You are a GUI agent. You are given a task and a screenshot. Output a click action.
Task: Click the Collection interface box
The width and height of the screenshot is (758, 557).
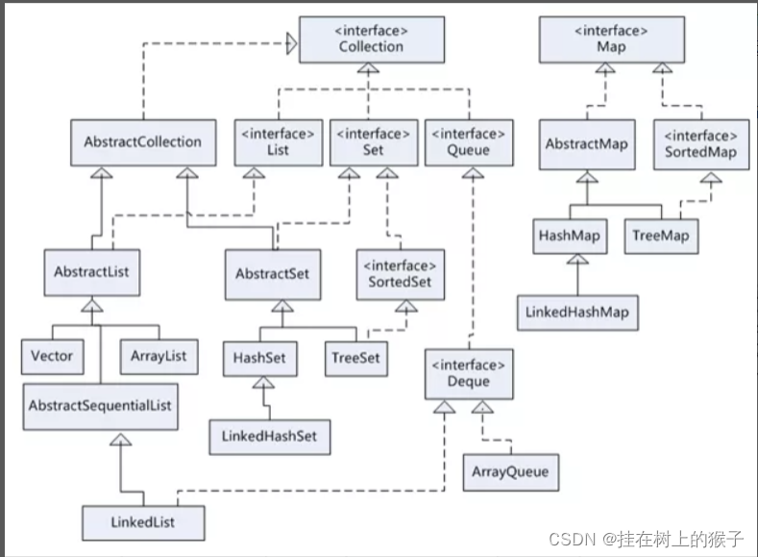pos(371,39)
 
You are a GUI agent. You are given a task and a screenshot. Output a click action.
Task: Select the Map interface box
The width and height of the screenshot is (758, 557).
pos(611,39)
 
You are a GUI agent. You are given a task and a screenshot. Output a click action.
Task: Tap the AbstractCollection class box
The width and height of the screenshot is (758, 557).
pos(142,142)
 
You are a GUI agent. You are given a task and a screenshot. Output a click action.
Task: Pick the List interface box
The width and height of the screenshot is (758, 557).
pos(278,142)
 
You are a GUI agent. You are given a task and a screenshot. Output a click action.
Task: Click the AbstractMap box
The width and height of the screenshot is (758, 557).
pos(586,144)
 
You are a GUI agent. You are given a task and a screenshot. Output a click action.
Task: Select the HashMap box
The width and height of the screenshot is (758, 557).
pos(571,236)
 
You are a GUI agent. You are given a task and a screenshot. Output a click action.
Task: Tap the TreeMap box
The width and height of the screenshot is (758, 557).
pos(661,236)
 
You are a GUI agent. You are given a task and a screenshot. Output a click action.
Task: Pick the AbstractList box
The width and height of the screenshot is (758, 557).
pos(91,272)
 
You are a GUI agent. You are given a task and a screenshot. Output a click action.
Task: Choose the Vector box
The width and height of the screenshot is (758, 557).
pos(52,356)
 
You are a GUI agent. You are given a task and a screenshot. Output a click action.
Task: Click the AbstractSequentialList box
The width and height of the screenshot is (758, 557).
pos(100,405)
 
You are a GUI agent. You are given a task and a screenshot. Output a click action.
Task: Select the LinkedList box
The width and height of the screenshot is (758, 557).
pos(142,522)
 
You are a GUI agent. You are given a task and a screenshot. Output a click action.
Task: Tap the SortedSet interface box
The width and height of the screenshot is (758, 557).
pos(402,274)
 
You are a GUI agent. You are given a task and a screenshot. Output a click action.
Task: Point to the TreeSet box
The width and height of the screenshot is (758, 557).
pos(355,359)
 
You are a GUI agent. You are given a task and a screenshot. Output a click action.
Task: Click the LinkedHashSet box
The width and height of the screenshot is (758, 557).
pos(269,436)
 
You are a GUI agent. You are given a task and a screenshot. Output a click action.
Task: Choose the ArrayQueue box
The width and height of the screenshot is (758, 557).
pos(509,472)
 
